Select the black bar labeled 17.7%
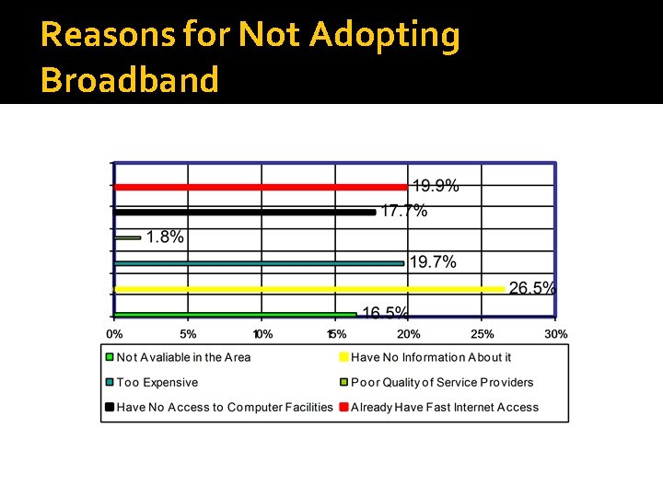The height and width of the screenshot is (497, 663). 244,212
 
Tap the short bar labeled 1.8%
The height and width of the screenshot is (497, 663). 127,237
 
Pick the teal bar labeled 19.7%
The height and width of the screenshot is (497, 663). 259,263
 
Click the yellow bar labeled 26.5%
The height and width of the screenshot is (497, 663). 308,289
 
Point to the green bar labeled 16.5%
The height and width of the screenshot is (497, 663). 235,314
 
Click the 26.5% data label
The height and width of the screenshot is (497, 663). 532,288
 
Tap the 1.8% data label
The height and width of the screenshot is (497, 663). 165,237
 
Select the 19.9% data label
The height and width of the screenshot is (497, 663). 435,186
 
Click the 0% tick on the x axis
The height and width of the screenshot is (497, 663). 114,334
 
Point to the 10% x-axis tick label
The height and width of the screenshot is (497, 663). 262,334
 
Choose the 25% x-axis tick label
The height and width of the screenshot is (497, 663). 483,334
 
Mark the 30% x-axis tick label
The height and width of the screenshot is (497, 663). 555,334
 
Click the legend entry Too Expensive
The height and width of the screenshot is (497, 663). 157,382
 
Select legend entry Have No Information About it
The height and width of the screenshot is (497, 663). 430,357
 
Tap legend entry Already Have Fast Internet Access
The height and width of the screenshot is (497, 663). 444,407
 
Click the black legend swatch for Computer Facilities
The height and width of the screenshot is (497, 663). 110,407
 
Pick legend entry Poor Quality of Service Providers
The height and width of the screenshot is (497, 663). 441,382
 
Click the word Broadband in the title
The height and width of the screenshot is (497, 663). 130,80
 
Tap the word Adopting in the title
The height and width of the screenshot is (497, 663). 384,35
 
